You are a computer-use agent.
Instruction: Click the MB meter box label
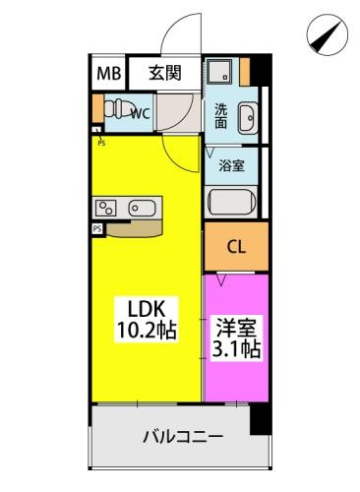pos(108,73)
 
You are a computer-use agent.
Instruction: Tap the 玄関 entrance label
pos(165,73)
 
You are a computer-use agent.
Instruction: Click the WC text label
pos(141,114)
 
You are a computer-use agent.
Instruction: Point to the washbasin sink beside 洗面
pos(248,118)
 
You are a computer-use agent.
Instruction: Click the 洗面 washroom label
pos(221,116)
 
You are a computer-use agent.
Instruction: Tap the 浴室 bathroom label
pos(231,166)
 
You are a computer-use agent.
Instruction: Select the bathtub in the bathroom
pos(232,203)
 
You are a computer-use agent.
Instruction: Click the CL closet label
pos(236,248)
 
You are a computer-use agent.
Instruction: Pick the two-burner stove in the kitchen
pos(105,208)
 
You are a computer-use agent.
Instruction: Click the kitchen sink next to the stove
pos(142,208)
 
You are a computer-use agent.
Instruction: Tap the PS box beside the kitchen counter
pos(97,228)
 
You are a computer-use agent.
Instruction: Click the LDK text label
pos(146,309)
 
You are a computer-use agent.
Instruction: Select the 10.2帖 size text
pos(147,330)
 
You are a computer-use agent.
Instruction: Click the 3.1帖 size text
pos(236,348)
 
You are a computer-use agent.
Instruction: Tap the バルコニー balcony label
pos(183,437)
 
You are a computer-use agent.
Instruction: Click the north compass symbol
pos(327,34)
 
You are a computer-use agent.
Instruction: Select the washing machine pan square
pos(219,71)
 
